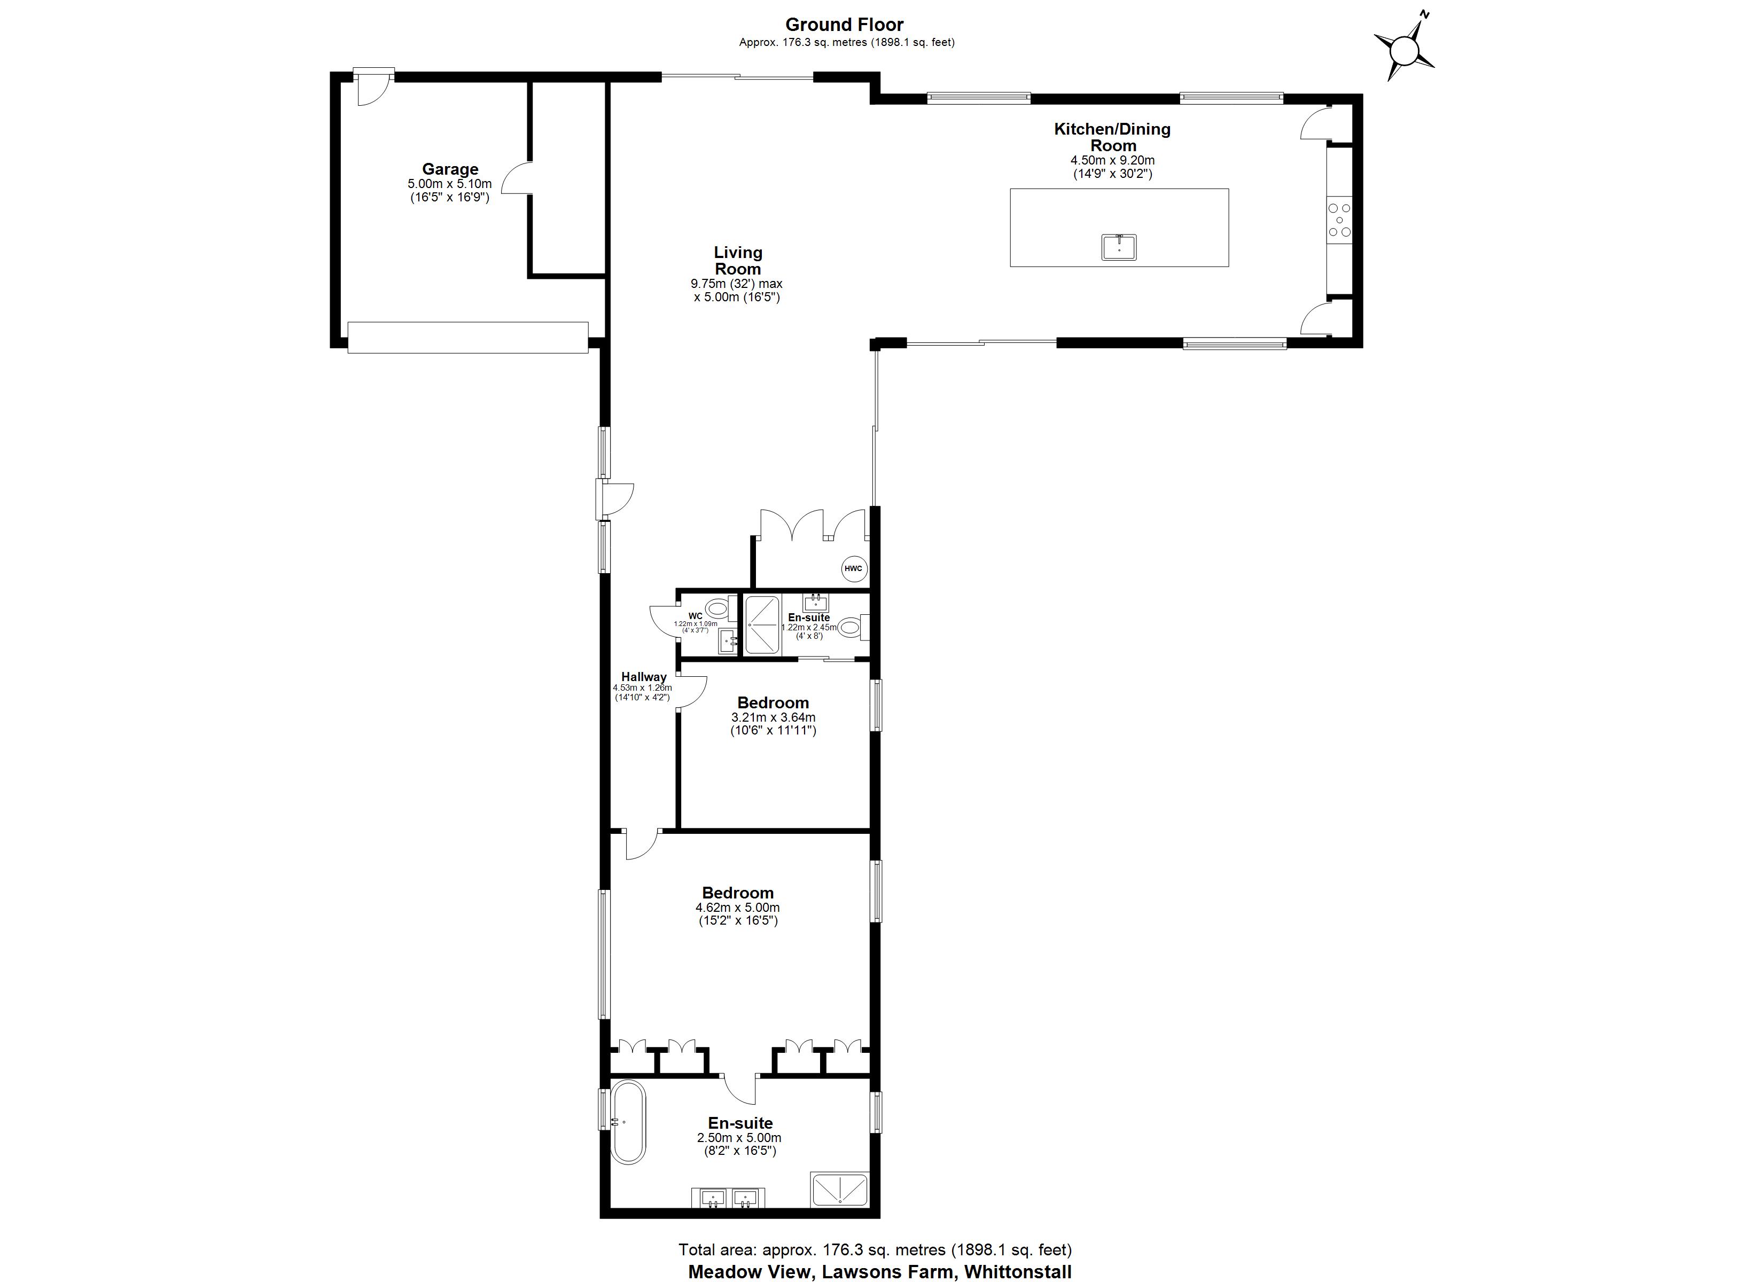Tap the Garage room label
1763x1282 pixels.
tap(449, 169)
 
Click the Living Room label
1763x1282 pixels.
tap(738, 261)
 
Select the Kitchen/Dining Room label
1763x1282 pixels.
tap(1112, 137)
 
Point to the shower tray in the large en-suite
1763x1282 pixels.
tap(839, 1190)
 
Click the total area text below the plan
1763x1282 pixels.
tap(875, 1249)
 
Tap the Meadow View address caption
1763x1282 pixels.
tap(879, 1272)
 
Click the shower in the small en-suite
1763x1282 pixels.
tap(762, 624)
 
